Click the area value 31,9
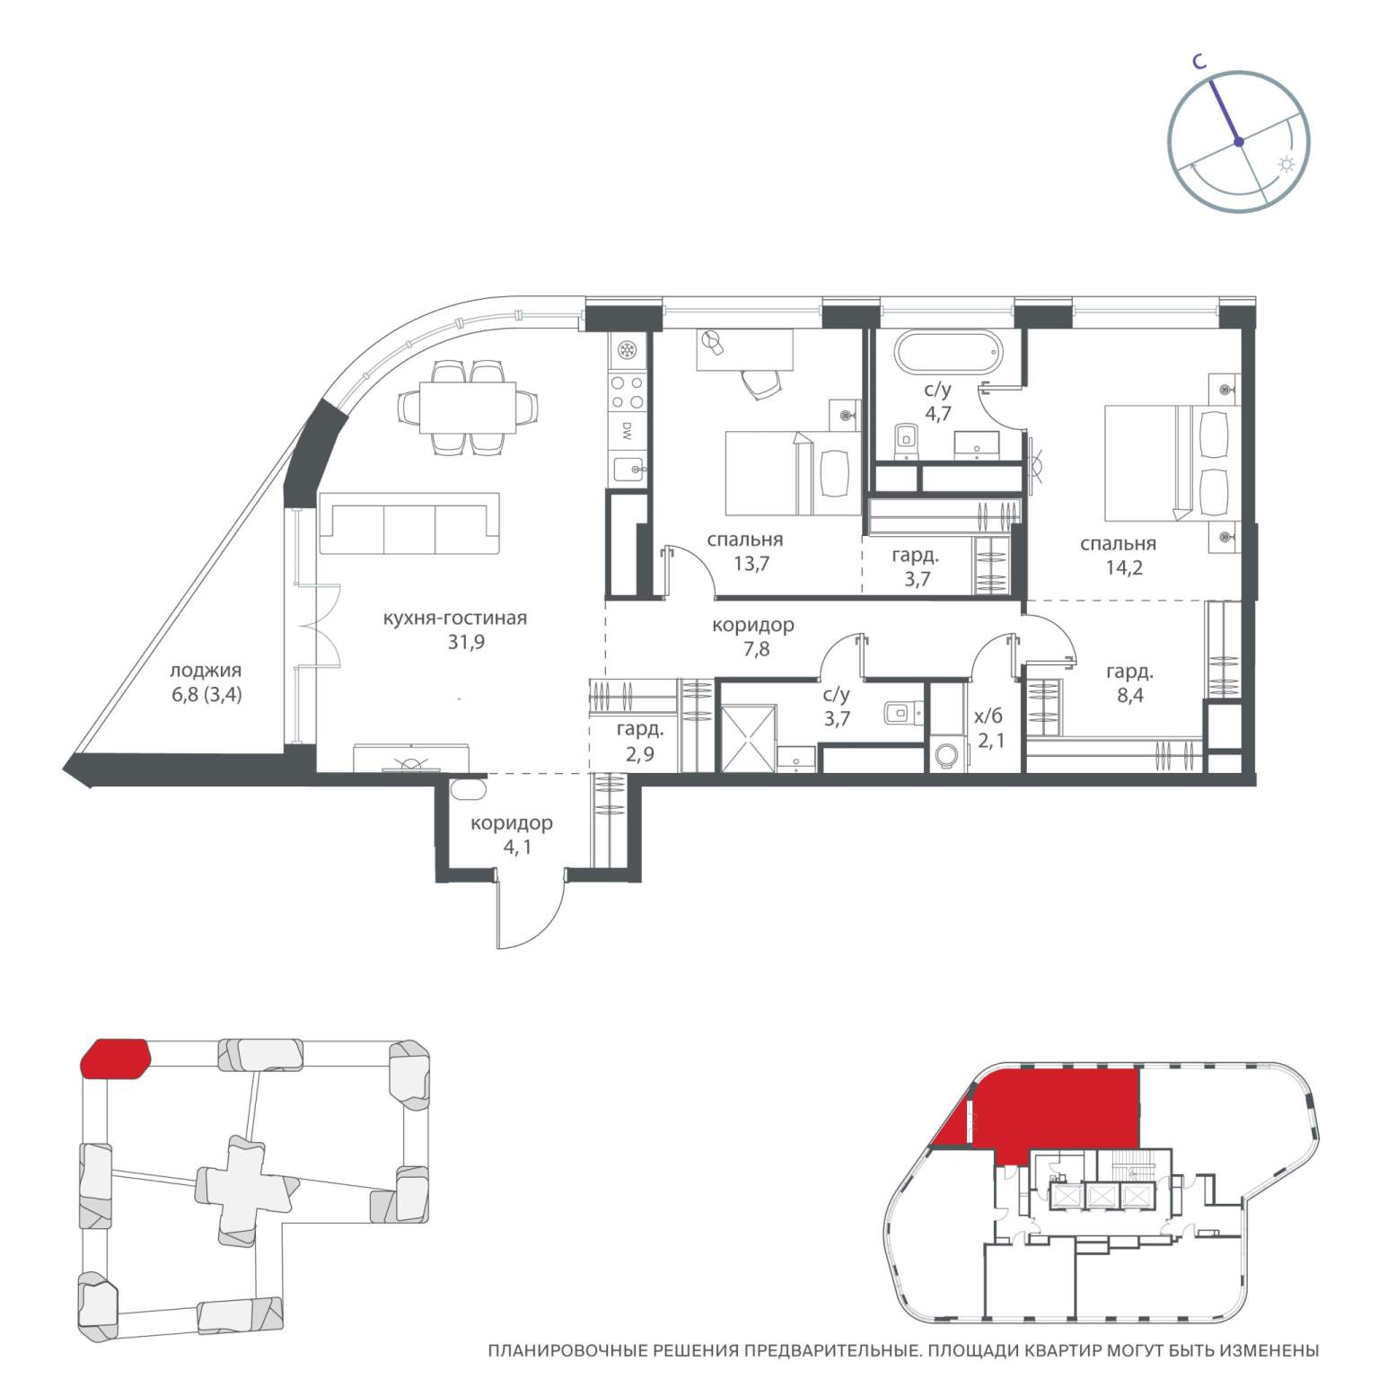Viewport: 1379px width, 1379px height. click(465, 642)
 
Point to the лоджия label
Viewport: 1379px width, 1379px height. click(206, 670)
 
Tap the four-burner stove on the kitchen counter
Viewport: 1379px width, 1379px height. click(627, 392)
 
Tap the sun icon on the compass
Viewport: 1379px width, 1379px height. click(1287, 164)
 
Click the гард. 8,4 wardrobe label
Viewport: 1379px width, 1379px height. click(1129, 682)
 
